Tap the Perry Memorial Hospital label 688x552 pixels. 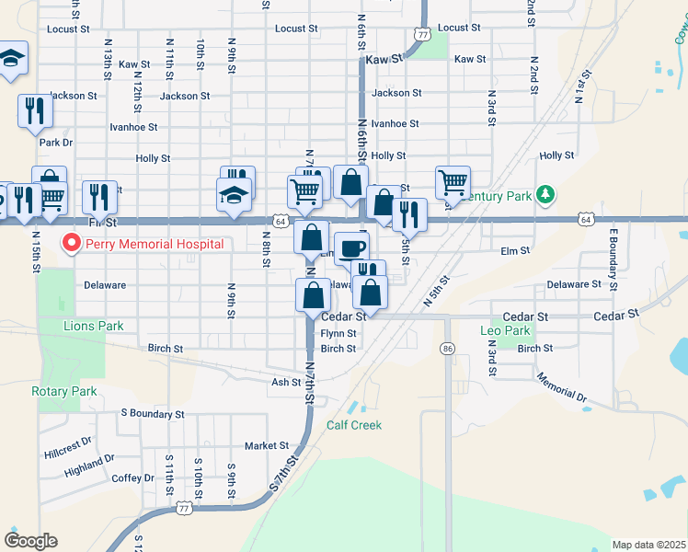click(x=155, y=245)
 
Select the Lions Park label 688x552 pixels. click(x=93, y=326)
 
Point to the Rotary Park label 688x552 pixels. click(x=63, y=391)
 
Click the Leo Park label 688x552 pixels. click(x=505, y=330)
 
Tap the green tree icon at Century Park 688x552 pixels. click(x=546, y=194)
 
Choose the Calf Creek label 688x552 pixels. click(x=353, y=425)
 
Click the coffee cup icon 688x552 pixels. click(x=351, y=247)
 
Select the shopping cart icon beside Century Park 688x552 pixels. click(x=453, y=182)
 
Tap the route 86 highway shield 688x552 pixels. click(x=448, y=349)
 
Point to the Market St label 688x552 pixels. click(x=267, y=446)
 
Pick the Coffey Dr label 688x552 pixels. click(x=133, y=478)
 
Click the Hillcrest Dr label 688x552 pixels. click(x=66, y=448)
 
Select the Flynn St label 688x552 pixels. click(x=338, y=334)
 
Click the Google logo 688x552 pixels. click(x=31, y=541)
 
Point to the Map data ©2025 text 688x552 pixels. click(x=648, y=545)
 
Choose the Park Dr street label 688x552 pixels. click(x=55, y=143)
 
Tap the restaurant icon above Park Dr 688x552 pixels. click(x=35, y=110)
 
